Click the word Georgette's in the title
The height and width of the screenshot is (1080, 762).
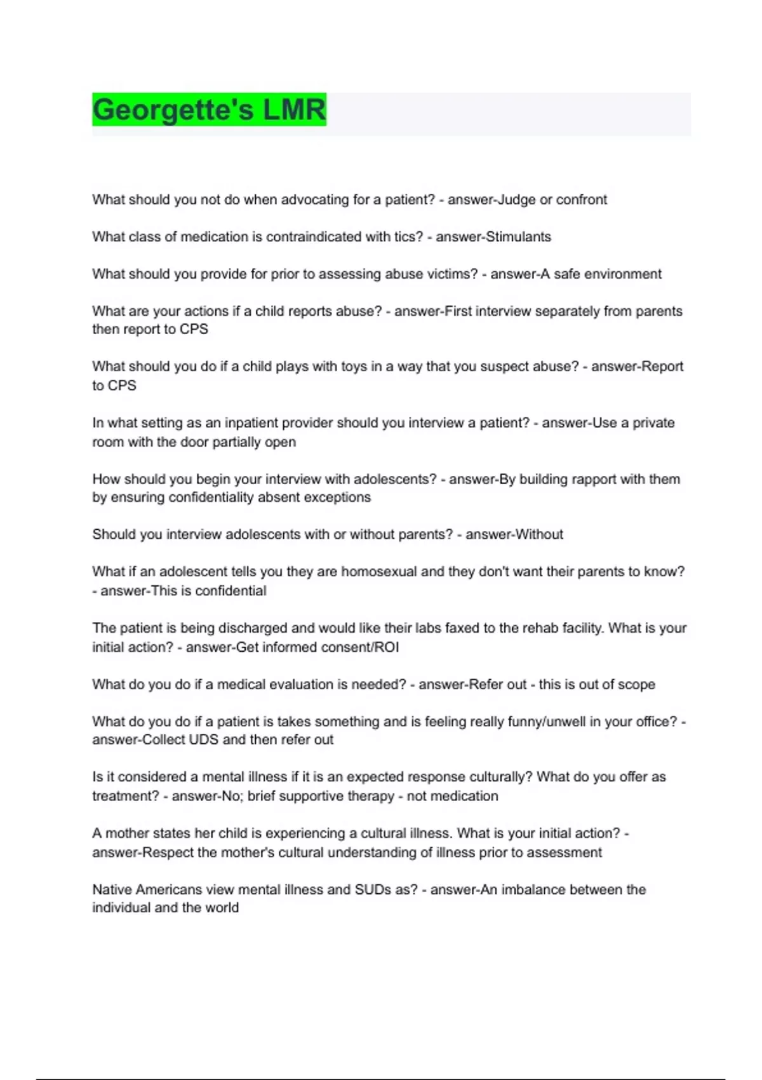point(173,110)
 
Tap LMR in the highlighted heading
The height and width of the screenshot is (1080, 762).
point(294,110)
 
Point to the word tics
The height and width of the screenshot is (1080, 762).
point(404,237)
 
